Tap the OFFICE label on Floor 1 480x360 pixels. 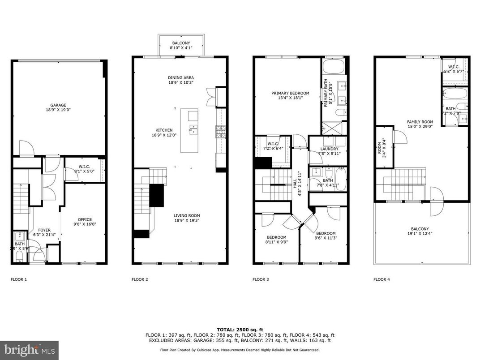[x=85, y=219]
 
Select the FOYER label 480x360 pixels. [x=44, y=230]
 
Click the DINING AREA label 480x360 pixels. [x=181, y=77]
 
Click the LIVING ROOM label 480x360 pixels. [x=187, y=215]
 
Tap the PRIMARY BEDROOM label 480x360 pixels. [x=290, y=93]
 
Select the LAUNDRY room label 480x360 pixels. [x=329, y=149]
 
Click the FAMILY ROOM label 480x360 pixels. [x=420, y=122]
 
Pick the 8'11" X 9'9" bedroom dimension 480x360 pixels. [x=277, y=242]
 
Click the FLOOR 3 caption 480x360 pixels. [x=261, y=279]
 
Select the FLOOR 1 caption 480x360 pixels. [x=19, y=279]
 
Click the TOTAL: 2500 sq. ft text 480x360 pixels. [x=240, y=329]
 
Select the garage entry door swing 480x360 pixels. [x=26, y=148]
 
